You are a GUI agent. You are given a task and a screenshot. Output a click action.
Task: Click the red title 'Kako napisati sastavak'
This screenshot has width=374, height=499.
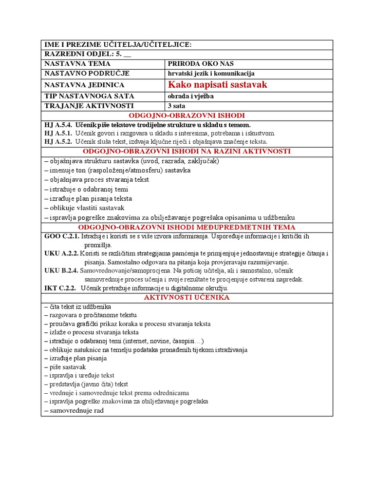[x=217, y=85]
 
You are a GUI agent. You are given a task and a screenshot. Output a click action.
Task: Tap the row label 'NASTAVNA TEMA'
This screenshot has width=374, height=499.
[x=77, y=63]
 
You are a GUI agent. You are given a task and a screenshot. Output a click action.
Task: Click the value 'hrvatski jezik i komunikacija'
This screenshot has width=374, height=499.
[x=211, y=73]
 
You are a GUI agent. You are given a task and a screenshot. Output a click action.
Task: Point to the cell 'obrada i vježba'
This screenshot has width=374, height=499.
[x=190, y=96]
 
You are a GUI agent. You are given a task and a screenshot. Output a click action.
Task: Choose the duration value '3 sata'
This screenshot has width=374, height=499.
[x=176, y=106]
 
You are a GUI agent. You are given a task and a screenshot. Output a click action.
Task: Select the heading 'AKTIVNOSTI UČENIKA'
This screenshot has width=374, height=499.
[x=187, y=297]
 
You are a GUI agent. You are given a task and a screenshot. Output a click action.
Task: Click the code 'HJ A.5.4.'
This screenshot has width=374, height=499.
[x=58, y=125]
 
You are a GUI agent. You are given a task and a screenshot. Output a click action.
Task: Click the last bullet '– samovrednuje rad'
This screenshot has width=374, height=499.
[x=74, y=410]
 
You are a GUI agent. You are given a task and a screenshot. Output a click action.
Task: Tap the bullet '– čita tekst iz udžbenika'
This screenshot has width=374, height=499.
[x=77, y=307]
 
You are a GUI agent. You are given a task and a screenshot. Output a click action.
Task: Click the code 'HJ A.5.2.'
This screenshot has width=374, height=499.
[x=58, y=141]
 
